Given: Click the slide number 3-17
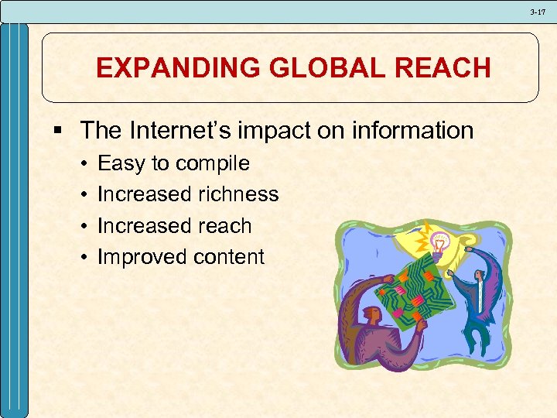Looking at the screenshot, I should click(538, 12).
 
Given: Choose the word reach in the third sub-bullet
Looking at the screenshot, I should click(224, 226).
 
